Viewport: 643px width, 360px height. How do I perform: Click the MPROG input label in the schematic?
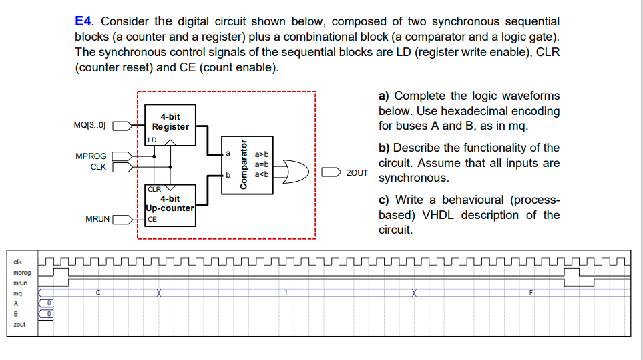point(91,156)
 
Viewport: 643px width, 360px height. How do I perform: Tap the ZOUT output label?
point(357,172)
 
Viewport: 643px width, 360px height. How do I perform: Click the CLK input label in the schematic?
point(98,166)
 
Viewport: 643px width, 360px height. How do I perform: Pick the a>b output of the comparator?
point(261,154)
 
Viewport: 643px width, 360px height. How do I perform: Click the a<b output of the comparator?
point(261,174)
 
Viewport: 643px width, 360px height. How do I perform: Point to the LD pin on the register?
point(152,140)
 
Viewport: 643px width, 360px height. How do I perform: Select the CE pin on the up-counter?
point(152,219)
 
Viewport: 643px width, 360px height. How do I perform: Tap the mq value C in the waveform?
point(99,293)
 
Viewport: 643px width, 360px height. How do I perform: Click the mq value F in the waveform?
point(531,293)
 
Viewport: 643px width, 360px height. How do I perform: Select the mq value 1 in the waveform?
point(286,293)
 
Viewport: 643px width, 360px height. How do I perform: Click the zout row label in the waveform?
point(19,325)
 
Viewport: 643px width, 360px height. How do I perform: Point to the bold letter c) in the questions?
point(384,200)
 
